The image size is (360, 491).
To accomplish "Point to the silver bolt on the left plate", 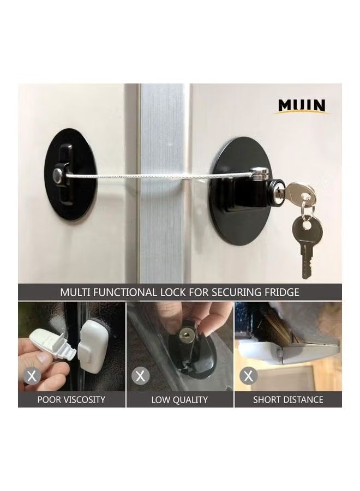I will tap(57, 175).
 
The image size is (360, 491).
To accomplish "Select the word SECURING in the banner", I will tap(230, 292).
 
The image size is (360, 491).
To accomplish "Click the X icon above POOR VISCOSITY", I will tap(33, 376).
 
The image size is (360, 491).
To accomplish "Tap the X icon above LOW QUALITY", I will tap(141, 376).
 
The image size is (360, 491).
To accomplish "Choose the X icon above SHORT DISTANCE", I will tap(248, 376).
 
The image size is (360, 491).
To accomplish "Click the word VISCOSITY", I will tap(83, 400).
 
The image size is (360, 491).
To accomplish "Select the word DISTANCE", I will tap(303, 400).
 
